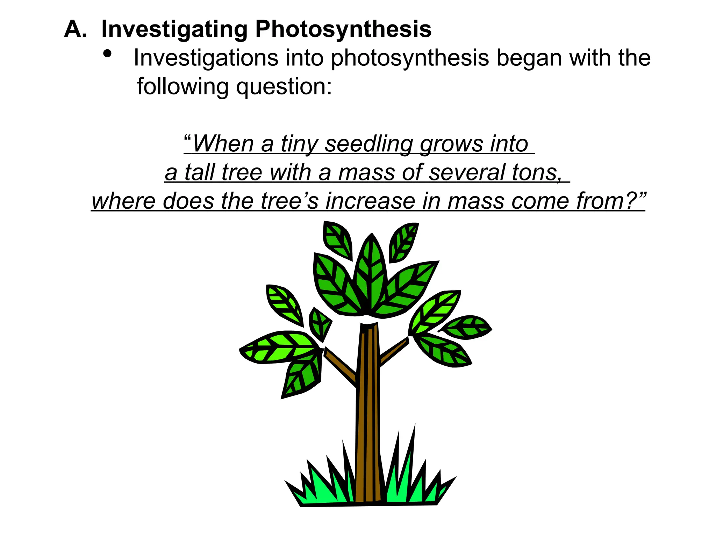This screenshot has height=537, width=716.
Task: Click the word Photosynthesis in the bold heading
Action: pyautogui.click(x=343, y=29)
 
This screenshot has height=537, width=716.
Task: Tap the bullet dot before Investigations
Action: pyautogui.click(x=107, y=54)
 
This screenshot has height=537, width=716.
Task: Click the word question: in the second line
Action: pyautogui.click(x=284, y=86)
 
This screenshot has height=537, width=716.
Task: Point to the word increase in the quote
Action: pyautogui.click(x=370, y=201)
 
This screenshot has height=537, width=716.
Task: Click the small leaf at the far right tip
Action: pyautogui.click(x=467, y=327)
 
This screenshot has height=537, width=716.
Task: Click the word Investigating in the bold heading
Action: pyautogui.click(x=174, y=29)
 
